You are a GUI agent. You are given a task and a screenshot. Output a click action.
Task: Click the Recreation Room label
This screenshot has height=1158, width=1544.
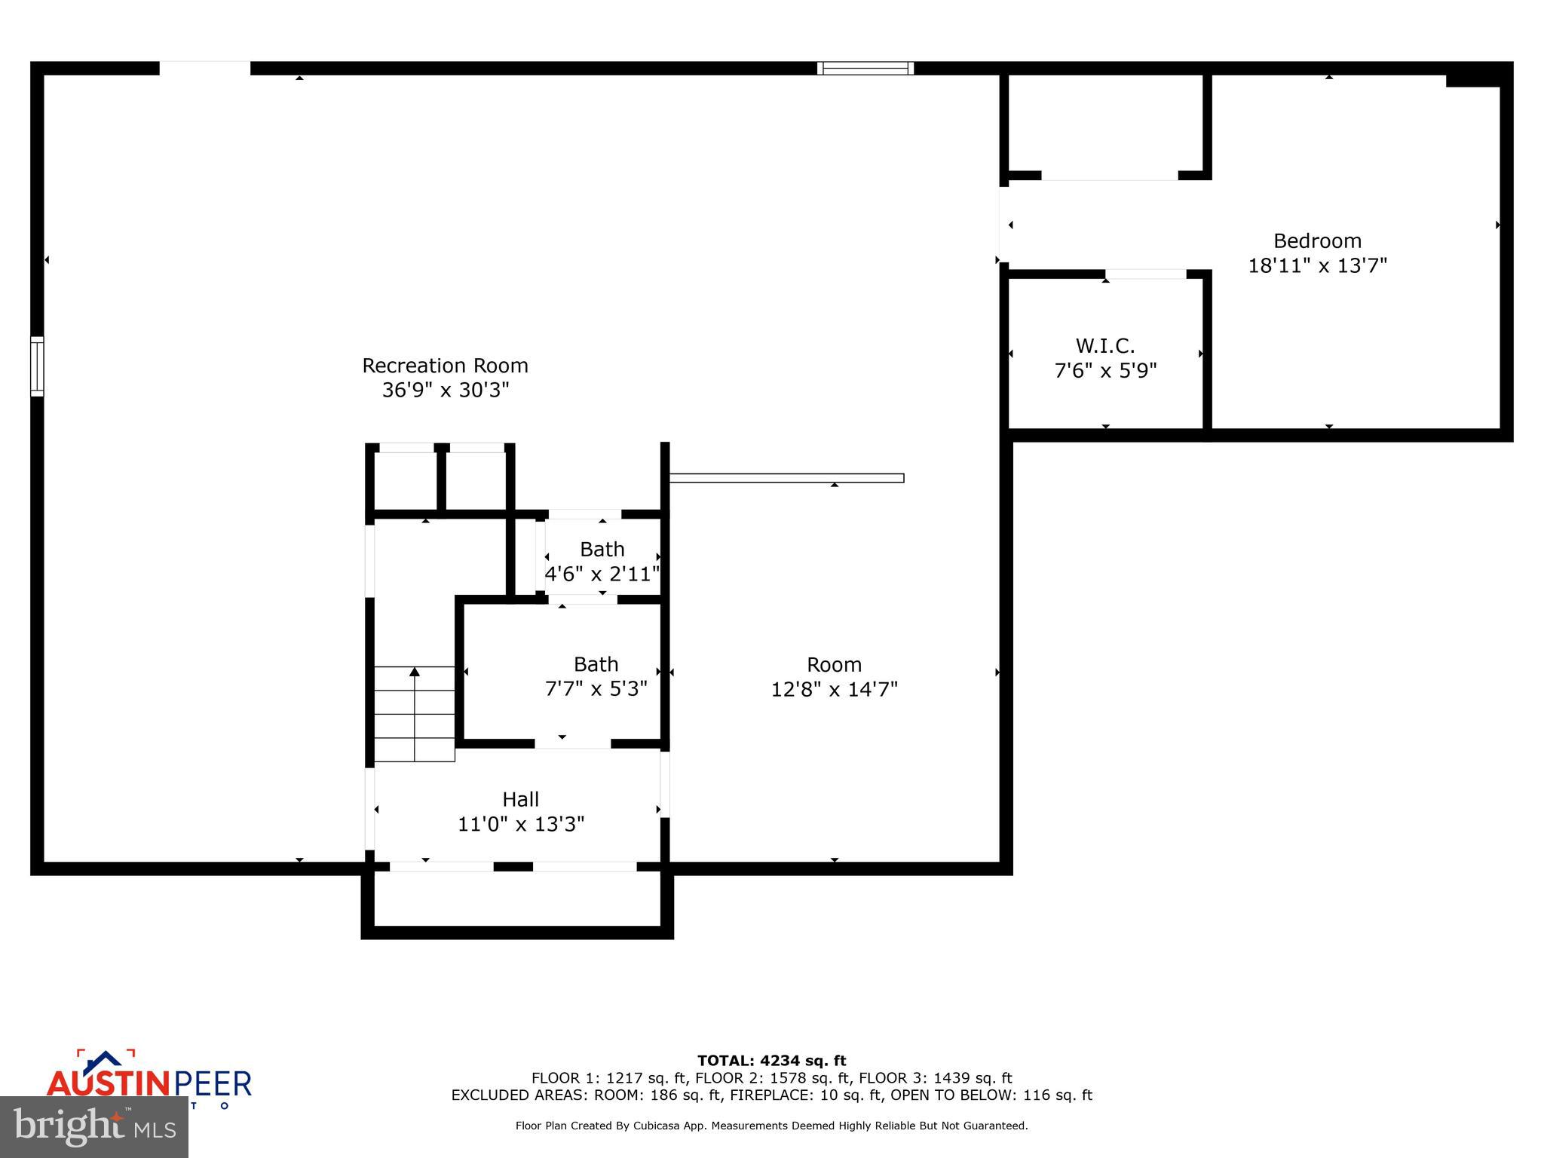tap(445, 366)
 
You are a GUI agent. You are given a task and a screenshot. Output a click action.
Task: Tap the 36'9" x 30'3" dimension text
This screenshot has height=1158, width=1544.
tap(445, 391)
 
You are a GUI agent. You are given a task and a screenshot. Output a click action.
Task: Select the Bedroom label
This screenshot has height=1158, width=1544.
tap(1317, 241)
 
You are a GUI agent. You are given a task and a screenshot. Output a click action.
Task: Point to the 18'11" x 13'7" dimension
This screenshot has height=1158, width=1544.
tap(1317, 266)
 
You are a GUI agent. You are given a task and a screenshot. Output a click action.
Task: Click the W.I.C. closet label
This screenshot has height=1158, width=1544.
tap(1104, 346)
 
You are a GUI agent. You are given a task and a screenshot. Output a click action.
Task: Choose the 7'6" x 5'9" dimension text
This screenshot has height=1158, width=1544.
tap(1104, 371)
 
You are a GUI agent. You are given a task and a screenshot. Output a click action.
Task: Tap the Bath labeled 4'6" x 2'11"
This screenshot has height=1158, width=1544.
tap(602, 550)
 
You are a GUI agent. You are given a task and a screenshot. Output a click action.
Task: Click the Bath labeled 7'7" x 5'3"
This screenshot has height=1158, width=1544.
tap(596, 665)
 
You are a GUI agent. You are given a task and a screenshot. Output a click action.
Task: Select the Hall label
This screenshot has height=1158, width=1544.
tap(520, 799)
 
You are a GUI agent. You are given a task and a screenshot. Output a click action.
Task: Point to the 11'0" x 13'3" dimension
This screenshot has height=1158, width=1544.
tap(520, 824)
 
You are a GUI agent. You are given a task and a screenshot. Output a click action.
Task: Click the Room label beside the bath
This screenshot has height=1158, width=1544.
tap(834, 665)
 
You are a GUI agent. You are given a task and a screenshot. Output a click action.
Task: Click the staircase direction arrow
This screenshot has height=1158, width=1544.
tap(415, 672)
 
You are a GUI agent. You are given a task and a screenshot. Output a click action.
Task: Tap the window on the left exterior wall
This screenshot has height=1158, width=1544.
tap(37, 366)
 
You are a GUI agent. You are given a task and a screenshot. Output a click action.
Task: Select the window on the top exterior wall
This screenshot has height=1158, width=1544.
tap(865, 69)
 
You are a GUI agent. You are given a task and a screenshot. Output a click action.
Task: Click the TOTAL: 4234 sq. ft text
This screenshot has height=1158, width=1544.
tap(771, 1061)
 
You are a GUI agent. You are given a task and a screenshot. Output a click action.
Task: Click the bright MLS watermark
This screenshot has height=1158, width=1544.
tap(94, 1127)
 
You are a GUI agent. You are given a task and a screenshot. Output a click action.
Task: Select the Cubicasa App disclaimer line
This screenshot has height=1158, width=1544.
tap(771, 1126)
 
